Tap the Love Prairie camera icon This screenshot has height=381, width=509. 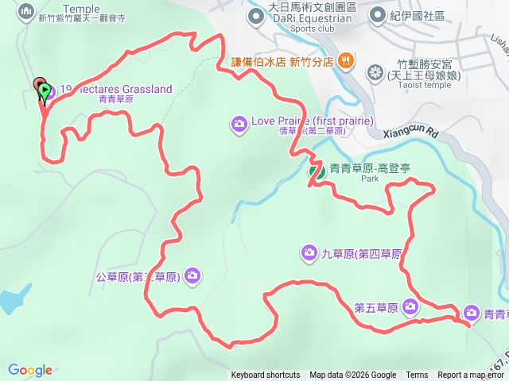[x=239, y=123]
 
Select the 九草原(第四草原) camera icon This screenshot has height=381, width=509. [x=309, y=253]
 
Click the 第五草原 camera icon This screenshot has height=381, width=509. [x=410, y=306]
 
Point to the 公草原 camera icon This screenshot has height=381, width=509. [x=192, y=275]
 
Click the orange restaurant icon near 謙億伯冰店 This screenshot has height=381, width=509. [x=346, y=60]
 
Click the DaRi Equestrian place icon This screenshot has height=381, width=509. [x=256, y=14]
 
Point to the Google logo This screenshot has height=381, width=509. [x=30, y=370]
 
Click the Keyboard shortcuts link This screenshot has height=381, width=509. [x=266, y=375]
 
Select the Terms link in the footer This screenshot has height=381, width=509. [x=417, y=375]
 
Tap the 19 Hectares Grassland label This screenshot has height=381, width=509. [x=117, y=90]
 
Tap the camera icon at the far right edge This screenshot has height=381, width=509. [x=471, y=314]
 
